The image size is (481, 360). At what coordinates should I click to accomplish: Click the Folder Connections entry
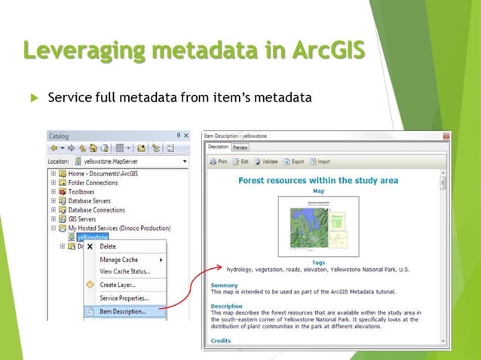(93, 182)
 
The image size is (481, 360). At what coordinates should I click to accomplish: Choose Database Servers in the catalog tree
(91, 201)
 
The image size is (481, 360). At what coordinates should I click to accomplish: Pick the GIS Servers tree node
(84, 219)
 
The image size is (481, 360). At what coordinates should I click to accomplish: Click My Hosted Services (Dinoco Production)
(119, 228)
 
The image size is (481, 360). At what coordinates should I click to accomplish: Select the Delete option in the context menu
(108, 246)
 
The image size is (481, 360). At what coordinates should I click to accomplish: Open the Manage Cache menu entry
(119, 260)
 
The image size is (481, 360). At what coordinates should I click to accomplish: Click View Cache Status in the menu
(124, 271)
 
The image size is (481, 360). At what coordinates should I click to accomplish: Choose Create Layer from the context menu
(118, 285)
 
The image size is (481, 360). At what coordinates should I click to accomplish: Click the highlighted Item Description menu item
(123, 311)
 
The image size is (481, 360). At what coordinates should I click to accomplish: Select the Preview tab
(240, 148)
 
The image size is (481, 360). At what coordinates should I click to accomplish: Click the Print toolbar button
(219, 161)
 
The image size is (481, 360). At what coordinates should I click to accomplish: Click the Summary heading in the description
(224, 285)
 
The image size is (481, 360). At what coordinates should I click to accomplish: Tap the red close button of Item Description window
(446, 136)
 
